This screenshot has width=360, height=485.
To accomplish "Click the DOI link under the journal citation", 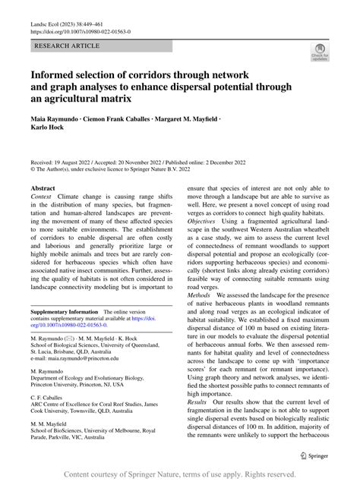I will (x=80, y=33).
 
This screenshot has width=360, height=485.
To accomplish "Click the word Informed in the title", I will (x=58, y=77).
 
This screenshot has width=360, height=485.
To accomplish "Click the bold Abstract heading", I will (x=42, y=187).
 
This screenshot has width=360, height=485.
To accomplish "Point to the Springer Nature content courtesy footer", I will (x=179, y=474).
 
